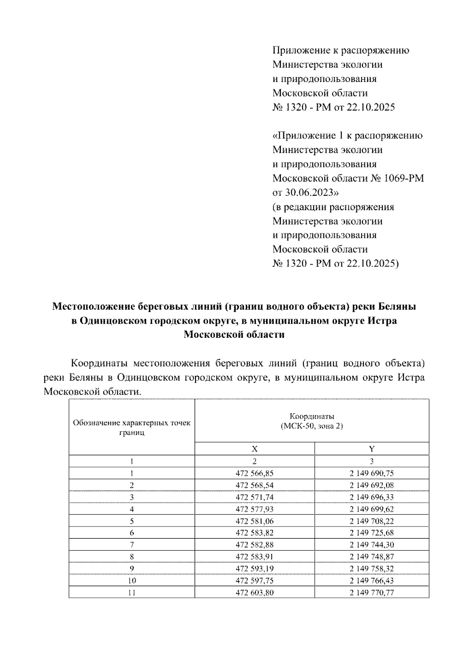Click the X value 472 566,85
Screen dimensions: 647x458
tap(255, 474)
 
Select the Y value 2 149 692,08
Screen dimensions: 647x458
tap(371, 485)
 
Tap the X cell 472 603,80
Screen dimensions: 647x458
tap(255, 592)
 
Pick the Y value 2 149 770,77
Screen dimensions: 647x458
tap(371, 592)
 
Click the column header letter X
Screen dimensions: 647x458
tap(255, 449)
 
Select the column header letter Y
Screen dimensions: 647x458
tap(372, 449)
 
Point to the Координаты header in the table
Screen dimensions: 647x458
tap(311, 416)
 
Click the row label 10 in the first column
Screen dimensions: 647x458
tap(132, 581)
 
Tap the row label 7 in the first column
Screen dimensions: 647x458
tap(132, 545)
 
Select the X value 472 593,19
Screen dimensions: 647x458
tap(255, 569)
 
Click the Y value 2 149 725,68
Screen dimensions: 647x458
tap(371, 533)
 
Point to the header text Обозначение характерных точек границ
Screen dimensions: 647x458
tap(132, 427)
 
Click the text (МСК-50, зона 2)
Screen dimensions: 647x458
tap(311, 426)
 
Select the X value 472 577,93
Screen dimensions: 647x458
tap(255, 509)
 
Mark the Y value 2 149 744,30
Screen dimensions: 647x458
tap(371, 545)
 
